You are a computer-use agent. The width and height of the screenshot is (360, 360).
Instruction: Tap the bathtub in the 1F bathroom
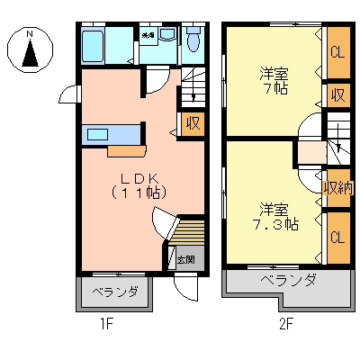point(94,45)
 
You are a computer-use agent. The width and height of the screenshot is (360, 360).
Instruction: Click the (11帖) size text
point(137,192)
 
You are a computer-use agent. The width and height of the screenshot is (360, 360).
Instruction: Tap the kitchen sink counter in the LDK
point(110,135)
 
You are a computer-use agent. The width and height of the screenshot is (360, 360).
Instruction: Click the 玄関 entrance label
point(184,260)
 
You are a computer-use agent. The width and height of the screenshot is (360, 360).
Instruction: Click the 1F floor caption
point(105,324)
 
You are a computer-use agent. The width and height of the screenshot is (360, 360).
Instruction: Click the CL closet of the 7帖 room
point(337,53)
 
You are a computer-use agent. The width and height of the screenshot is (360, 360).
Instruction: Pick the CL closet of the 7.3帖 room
point(337,237)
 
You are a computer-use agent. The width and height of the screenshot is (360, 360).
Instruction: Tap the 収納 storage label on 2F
point(337,187)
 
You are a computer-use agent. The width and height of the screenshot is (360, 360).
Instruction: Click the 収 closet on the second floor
point(337,94)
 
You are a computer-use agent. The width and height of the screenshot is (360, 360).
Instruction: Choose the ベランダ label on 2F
point(288,281)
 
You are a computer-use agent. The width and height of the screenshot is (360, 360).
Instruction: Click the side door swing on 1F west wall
point(68,93)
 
